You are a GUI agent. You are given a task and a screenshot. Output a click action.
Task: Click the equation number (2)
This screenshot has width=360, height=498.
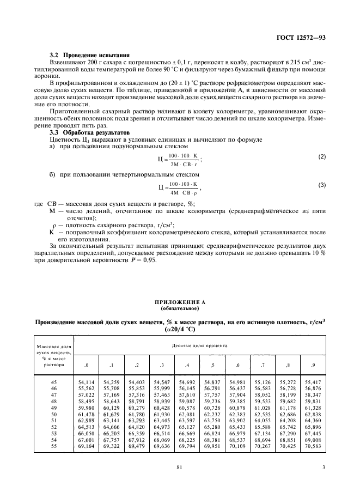[x=322, y=157]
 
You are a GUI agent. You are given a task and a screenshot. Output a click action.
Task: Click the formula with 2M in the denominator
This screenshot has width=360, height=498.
[x=179, y=159]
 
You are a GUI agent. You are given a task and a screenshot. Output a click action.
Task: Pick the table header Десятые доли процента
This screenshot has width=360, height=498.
[x=200, y=346]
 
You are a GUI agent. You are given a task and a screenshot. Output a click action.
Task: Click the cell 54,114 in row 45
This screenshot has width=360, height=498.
[x=86, y=383]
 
